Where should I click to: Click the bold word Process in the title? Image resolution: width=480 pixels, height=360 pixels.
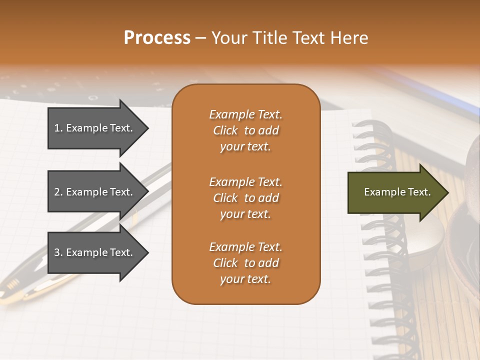coord(157,38)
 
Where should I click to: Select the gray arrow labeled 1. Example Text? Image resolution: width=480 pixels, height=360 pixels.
coord(95,128)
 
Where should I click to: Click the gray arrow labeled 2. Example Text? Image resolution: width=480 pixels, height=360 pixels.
coord(95,192)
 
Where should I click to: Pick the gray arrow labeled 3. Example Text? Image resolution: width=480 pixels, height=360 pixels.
coord(95,252)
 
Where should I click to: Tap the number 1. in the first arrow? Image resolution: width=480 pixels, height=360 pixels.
coord(58,128)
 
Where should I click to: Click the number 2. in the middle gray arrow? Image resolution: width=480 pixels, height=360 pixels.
coord(58,192)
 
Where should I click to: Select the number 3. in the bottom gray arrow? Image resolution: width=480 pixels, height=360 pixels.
coord(58,252)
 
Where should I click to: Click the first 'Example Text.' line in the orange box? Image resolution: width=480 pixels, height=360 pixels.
coord(245,114)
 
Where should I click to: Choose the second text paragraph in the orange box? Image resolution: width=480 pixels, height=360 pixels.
coord(245,197)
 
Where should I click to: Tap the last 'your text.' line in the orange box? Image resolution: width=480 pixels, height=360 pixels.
coord(245,279)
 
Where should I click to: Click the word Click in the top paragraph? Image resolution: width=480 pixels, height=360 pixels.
coord(225,130)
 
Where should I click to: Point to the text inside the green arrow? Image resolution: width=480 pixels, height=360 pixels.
coord(397,192)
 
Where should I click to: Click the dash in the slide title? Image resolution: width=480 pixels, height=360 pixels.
coord(200,38)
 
